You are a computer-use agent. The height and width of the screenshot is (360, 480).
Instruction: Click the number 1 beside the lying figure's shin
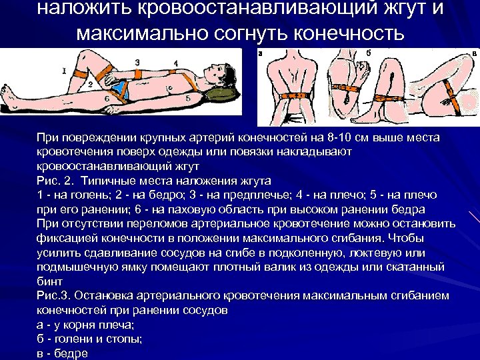coord(63,69)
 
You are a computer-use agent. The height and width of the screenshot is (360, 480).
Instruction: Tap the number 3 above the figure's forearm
coord(137,61)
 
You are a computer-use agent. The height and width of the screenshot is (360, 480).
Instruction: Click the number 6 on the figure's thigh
coord(106,99)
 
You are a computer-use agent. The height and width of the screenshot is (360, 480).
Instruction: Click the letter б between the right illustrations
coord(368,52)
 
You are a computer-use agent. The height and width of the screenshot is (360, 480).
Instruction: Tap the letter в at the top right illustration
coord(474,53)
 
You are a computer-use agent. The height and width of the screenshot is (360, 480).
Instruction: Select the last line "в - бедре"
coord(63,353)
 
